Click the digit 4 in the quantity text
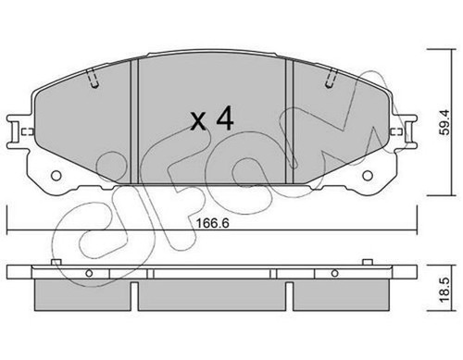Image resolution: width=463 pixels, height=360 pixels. [x=223, y=119]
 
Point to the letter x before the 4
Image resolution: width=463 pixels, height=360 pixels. [x=196, y=121]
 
